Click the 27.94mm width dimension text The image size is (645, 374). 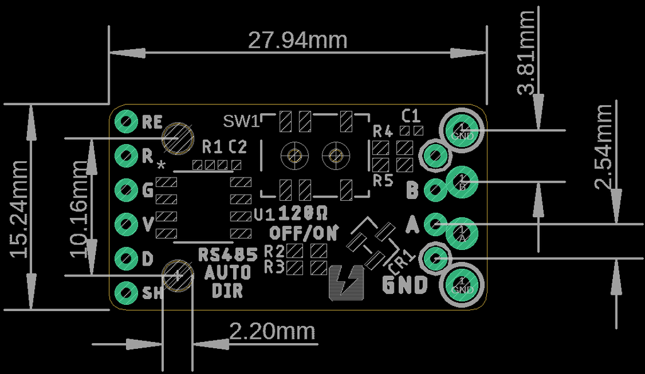[x=297, y=40]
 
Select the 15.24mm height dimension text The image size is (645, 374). [x=20, y=208]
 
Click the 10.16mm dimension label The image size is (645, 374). [x=79, y=208]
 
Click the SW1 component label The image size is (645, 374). [x=241, y=120]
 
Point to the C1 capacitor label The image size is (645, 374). [x=411, y=115]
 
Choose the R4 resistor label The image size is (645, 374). [x=382, y=132]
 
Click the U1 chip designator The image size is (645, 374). [x=263, y=215]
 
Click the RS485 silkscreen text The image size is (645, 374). [x=228, y=255]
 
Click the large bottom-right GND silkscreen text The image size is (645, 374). [x=406, y=285]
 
